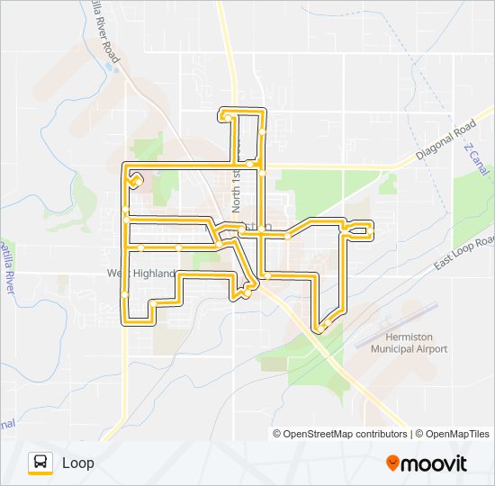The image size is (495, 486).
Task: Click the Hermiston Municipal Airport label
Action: coord(416,343)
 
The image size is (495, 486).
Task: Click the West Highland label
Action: coord(139,273)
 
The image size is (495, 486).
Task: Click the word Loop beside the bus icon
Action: coord(77,463)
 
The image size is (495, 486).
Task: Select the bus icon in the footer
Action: coord(40,463)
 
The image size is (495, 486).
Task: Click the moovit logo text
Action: coord(434,463)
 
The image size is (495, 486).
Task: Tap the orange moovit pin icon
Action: coord(392,463)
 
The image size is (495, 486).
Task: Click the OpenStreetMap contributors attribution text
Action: coord(346,434)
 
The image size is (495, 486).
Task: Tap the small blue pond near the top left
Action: coord(112,67)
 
